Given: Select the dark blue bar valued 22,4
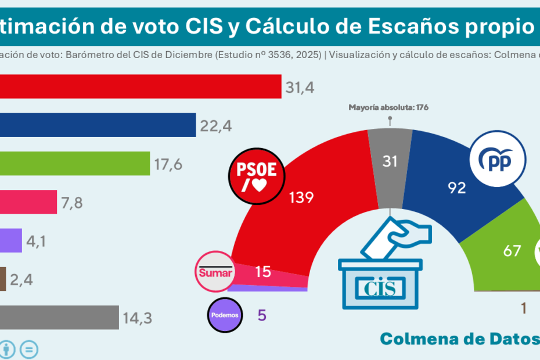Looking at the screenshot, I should [98, 125].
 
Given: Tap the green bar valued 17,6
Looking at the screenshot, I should [75, 164].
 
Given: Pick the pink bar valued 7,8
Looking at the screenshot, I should [28, 202].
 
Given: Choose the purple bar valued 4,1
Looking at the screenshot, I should [11, 240].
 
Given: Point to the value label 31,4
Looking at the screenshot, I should [300, 88].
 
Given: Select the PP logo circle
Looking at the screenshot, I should [498, 159].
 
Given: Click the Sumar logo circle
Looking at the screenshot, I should [216, 272].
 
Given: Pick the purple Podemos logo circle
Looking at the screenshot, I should [224, 315].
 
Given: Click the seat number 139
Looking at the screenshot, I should [301, 197].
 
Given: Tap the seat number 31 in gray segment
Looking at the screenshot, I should [390, 161].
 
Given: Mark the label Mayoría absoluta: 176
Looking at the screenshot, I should [388, 107].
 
